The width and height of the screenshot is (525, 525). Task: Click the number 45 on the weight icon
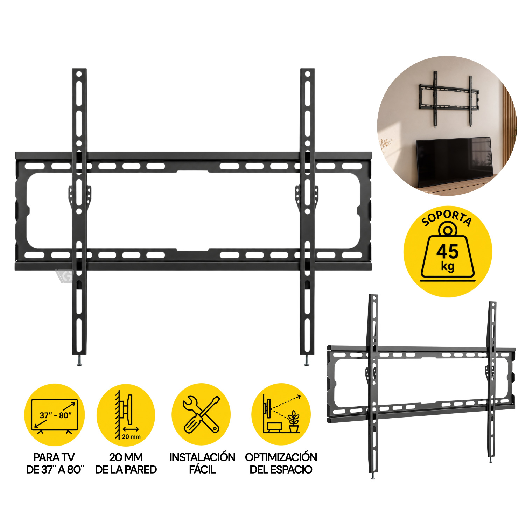tap(447, 251)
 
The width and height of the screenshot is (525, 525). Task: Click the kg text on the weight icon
tap(448, 267)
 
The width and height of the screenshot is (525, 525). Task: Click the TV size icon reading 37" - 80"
tap(55, 416)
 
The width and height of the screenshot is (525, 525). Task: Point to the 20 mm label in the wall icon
tap(131, 437)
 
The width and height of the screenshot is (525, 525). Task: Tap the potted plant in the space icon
tap(294, 421)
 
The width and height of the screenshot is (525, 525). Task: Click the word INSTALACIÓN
tap(202, 457)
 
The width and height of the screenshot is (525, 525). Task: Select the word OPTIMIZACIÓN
tap(281, 457)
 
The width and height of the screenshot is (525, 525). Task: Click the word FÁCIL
tap(202, 469)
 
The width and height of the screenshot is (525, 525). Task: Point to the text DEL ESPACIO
tap(281, 469)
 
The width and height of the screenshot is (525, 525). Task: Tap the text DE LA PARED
tap(126, 469)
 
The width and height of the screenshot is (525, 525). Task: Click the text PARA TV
tap(54, 457)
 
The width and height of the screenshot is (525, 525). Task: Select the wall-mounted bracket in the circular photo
tap(449, 99)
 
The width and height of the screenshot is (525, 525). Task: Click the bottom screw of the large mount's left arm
tap(79, 361)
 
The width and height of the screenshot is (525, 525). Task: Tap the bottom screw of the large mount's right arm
tap(307, 361)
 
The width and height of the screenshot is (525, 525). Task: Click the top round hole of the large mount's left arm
tap(79, 74)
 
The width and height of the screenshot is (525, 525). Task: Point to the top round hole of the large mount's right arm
tap(307, 74)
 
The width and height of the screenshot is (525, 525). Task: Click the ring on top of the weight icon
tap(447, 230)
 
